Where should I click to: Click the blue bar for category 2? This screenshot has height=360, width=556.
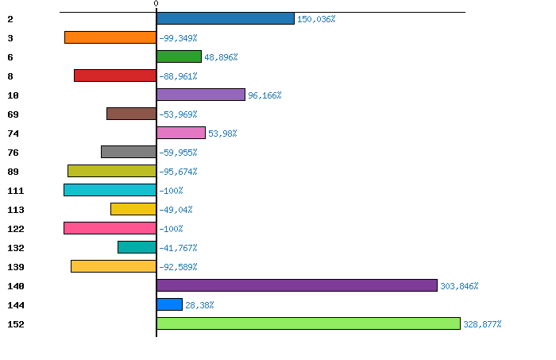(226, 18)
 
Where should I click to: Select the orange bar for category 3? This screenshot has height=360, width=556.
(110, 37)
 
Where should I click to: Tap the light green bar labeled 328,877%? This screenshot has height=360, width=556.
(308, 323)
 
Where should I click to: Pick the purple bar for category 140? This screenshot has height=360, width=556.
(297, 285)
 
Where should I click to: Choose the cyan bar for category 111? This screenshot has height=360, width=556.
(110, 190)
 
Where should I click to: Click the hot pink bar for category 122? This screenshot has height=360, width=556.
(110, 228)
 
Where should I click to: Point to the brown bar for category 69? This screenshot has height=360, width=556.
(132, 114)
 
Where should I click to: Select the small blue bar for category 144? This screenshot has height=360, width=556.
(169, 304)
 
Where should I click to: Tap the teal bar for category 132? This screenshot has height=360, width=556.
(137, 247)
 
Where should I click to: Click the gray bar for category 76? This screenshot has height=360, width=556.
(129, 152)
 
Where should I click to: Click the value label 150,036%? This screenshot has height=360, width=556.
(316, 19)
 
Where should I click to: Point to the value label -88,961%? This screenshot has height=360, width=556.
(178, 76)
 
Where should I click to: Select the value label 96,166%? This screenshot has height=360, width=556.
(264, 95)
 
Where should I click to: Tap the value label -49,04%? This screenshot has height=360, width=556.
(176, 210)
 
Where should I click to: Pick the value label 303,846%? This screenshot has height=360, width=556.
(459, 286)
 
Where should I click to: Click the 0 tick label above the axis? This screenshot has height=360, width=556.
(156, 3)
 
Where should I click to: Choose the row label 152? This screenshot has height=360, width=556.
(16, 324)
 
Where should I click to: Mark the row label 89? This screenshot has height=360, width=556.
(14, 172)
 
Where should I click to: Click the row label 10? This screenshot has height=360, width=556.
(14, 95)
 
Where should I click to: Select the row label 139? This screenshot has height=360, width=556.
(16, 267)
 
